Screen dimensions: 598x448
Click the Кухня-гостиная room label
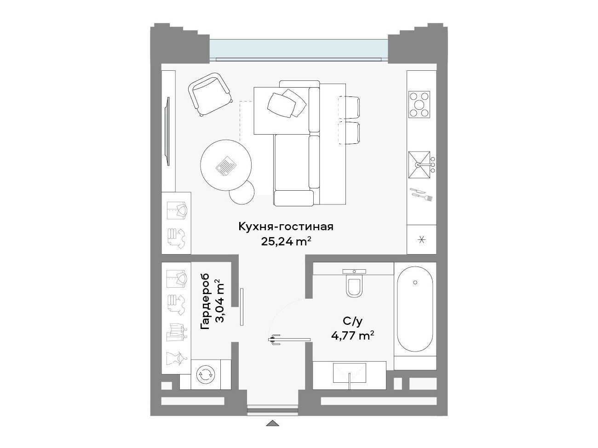point(286,227)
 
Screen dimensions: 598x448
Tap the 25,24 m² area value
point(286,241)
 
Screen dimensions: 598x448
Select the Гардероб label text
point(205,301)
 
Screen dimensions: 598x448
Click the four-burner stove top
point(419,105)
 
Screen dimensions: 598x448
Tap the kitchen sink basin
point(419,165)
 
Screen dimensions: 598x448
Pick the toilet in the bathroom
point(355,284)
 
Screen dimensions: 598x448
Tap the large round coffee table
point(226,165)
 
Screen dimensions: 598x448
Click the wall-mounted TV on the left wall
point(168,131)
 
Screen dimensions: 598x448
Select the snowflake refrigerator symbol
point(422,240)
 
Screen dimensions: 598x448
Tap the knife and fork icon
point(421,194)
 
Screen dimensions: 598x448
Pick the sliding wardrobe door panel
point(241,307)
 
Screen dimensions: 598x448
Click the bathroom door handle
point(274,339)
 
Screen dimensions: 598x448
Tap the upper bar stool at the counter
point(349,108)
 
